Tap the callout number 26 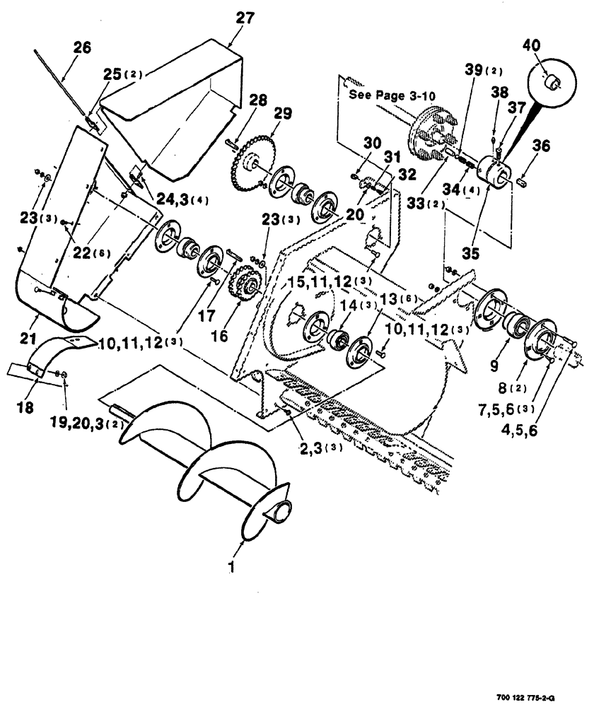coord(82,48)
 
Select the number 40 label coord(531,46)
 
